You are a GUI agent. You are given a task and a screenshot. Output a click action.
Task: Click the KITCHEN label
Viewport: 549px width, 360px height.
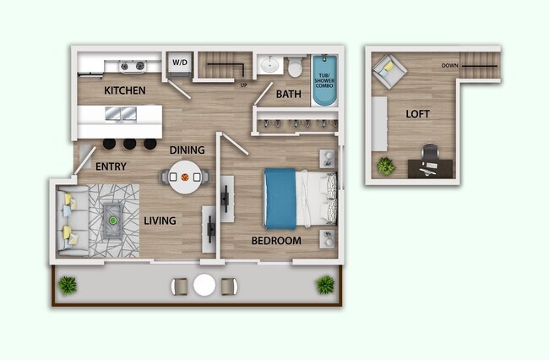click(125, 90)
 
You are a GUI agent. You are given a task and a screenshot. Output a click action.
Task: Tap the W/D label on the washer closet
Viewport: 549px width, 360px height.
click(180, 63)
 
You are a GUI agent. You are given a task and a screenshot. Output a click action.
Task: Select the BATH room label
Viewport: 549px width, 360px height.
click(288, 95)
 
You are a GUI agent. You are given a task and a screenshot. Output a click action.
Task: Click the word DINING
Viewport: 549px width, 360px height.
click(187, 150)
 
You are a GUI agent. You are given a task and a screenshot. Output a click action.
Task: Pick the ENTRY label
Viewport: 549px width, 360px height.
click(111, 166)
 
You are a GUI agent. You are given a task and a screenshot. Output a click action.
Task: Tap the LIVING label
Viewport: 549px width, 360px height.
click(160, 221)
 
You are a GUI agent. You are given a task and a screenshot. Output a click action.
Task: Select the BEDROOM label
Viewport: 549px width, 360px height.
click(276, 241)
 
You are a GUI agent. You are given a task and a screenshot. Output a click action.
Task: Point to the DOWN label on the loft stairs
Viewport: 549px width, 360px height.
click(450, 65)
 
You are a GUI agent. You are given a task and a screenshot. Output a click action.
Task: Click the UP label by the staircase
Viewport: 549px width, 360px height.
click(244, 85)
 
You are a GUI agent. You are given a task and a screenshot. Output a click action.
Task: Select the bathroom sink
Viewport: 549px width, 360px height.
click(269, 64)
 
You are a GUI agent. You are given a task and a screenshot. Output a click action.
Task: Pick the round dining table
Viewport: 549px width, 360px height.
click(183, 177)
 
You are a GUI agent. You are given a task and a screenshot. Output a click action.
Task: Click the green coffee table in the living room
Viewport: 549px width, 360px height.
click(112, 220)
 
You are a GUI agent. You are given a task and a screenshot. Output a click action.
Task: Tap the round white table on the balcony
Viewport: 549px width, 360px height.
click(204, 285)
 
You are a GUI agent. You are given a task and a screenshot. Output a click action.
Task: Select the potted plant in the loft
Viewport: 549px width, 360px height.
click(386, 166)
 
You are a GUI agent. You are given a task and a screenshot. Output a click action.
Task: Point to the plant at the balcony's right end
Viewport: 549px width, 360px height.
click(324, 284)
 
